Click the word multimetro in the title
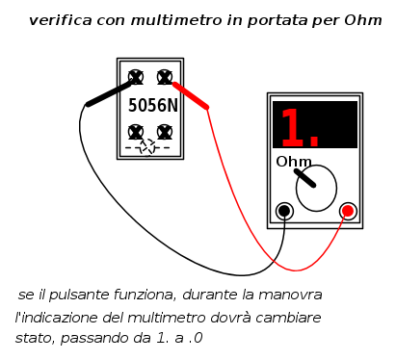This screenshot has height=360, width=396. (176, 20)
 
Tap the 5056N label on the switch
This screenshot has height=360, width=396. (153, 105)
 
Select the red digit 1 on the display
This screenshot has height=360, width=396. (293, 127)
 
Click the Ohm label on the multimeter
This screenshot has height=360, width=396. (294, 162)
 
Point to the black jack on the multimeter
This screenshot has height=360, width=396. (284, 211)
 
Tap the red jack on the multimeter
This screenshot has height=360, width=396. (348, 211)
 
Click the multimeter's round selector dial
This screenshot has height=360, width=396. (316, 188)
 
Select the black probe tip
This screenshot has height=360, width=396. (109, 94)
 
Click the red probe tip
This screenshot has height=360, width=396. (191, 96)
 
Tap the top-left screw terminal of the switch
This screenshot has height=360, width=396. (136, 77)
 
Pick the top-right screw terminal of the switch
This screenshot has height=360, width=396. (165, 77)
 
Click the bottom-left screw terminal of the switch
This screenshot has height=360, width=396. (136, 132)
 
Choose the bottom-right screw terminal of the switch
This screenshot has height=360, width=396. (165, 132)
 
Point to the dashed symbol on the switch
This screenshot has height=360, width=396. (147, 147)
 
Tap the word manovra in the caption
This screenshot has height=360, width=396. (290, 295)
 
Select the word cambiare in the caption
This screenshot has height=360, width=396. (289, 318)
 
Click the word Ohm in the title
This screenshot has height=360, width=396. (363, 20)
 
